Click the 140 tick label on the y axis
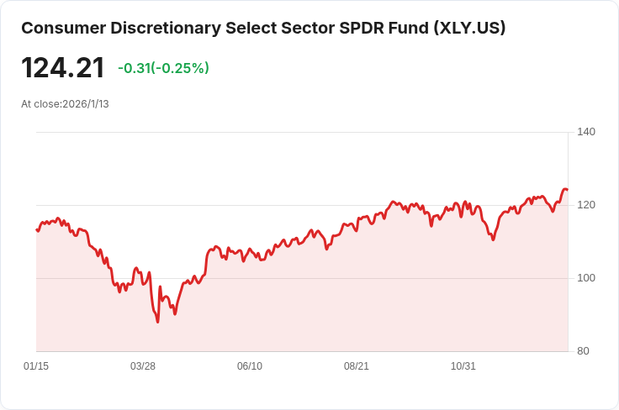click(x=586, y=132)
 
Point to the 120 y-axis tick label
click(x=586, y=205)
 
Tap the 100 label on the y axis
click(x=586, y=278)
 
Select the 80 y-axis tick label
click(x=584, y=351)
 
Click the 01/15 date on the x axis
click(x=36, y=366)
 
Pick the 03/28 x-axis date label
click(x=143, y=366)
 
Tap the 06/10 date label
click(x=250, y=366)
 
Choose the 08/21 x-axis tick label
click(x=357, y=366)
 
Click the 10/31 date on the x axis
click(x=463, y=366)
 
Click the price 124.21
click(x=63, y=68)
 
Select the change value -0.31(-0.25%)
click(x=163, y=68)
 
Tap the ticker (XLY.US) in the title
click(x=469, y=28)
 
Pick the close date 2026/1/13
click(x=86, y=104)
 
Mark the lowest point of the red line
click(x=157, y=322)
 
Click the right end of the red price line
click(x=567, y=190)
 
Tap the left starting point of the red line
click(x=37, y=229)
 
